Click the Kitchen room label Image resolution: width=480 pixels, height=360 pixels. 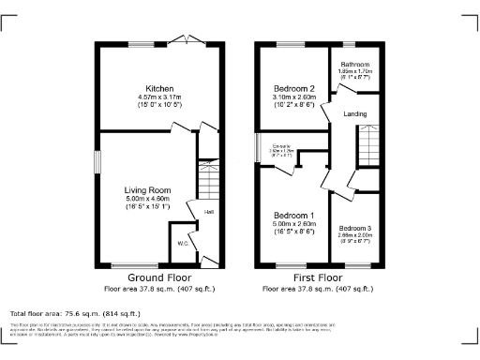[147, 88]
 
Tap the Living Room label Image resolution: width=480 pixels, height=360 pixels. [147, 190]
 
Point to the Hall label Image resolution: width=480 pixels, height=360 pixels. [210, 213]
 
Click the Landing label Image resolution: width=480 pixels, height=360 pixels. [355, 115]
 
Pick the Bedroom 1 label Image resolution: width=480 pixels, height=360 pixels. [291, 217]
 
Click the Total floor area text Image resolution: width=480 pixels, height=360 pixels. [75, 313]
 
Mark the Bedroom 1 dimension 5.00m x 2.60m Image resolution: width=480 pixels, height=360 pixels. [291, 224]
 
